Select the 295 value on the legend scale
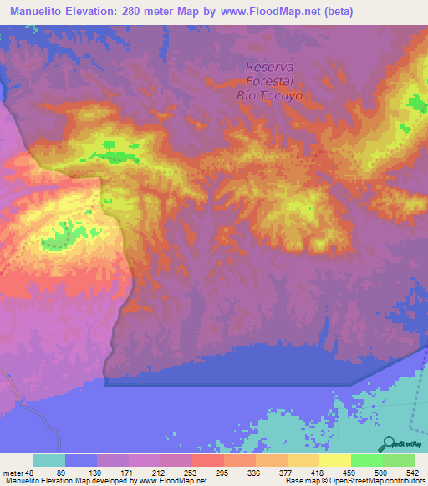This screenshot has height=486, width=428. click(223, 472)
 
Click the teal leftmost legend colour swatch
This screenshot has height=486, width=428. click(49, 460)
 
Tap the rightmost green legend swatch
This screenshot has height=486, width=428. click(399, 460)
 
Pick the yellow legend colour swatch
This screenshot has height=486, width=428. click(335, 460)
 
